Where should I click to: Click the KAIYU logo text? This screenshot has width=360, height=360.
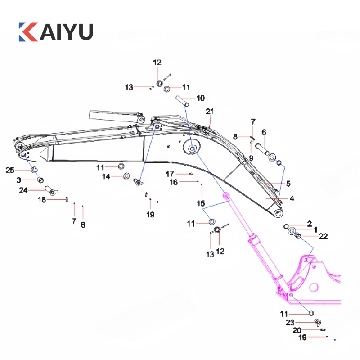(x=56, y=32)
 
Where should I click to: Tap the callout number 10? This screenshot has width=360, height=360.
(x=200, y=98)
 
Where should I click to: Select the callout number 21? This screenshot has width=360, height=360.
(x=210, y=111)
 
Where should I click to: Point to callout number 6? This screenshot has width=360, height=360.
(x=264, y=132)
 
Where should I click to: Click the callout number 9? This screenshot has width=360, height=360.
(x=251, y=158)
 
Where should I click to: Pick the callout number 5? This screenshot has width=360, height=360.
(x=288, y=184)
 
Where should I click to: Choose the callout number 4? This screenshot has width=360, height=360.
(x=292, y=198)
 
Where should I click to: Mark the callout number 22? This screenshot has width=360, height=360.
(x=323, y=236)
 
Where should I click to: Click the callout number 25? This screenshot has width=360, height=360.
(x=10, y=170)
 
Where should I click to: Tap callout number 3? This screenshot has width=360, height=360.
(x=19, y=180)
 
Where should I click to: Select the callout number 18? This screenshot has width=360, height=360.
(x=41, y=200)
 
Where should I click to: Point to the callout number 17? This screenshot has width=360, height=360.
(x=170, y=174)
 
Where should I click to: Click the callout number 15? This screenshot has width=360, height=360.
(x=201, y=203)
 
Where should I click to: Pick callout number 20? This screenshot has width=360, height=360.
(x=297, y=330)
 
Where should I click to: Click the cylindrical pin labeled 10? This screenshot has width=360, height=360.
(x=184, y=102)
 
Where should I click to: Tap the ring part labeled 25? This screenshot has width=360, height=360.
(x=34, y=170)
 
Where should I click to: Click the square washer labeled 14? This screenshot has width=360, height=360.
(x=127, y=176)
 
